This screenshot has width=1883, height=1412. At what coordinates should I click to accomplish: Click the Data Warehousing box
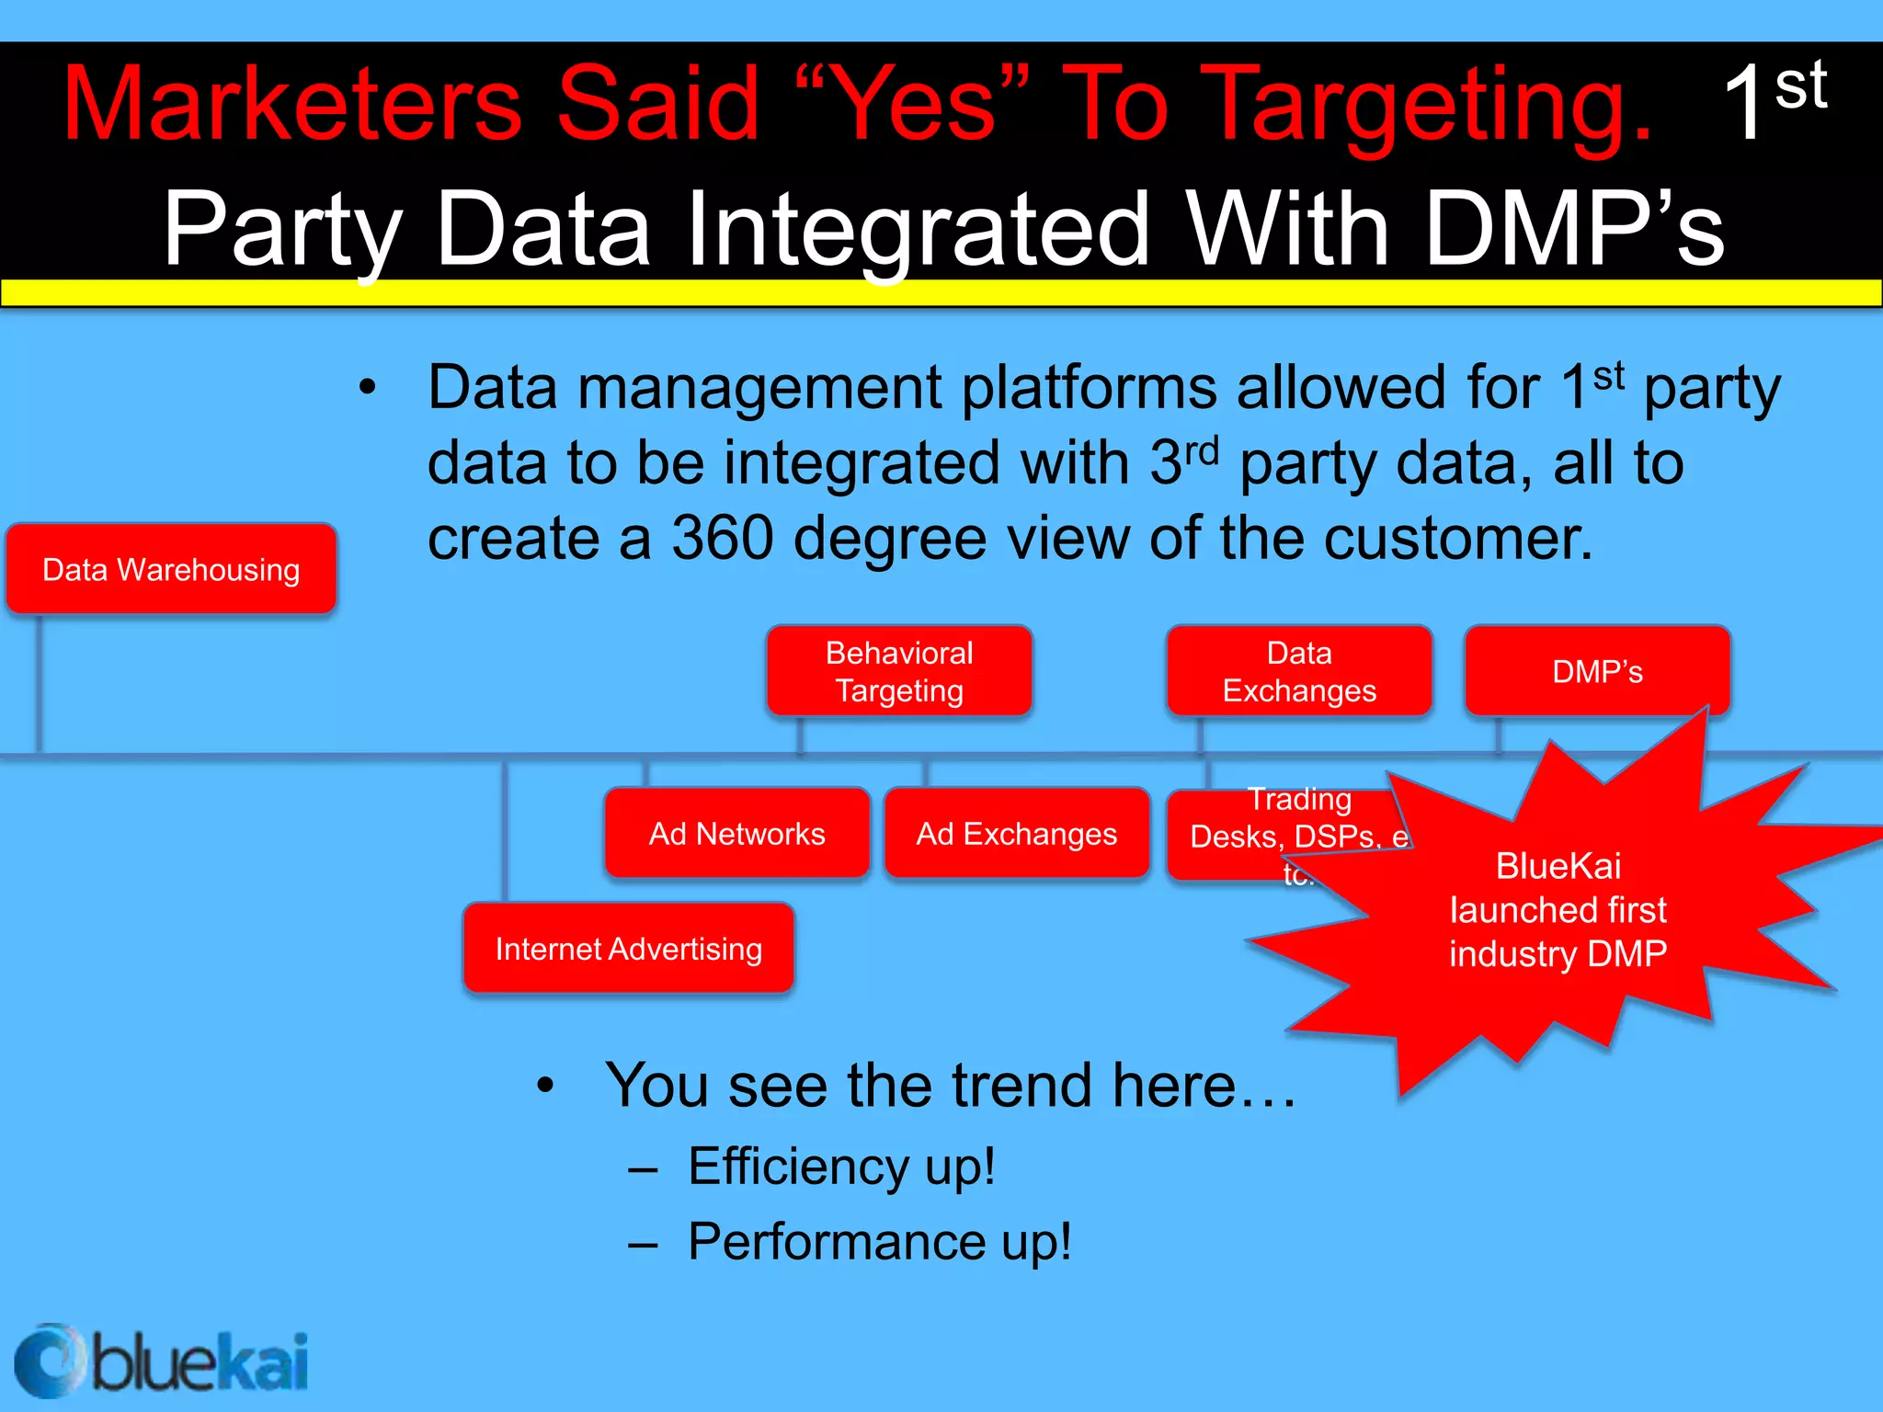tap(171, 569)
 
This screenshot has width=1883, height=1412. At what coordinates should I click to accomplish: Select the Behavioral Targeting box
tap(899, 671)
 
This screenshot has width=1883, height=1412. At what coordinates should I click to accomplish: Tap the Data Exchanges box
tap(1298, 671)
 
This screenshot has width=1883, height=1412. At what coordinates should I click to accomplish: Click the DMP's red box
tap(1597, 671)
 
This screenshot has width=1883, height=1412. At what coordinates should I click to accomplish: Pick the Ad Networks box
tap(736, 833)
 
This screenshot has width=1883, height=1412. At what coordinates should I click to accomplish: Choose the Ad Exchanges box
tap(1016, 833)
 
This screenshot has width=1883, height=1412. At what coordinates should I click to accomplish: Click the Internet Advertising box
tap(629, 948)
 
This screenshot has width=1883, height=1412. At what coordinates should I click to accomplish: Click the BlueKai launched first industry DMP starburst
tap(1558, 910)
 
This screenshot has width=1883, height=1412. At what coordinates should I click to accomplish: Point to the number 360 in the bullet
tap(722, 538)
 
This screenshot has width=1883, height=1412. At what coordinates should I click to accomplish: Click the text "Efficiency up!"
tap(841, 1167)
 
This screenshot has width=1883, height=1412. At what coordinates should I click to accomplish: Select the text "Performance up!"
tap(879, 1242)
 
